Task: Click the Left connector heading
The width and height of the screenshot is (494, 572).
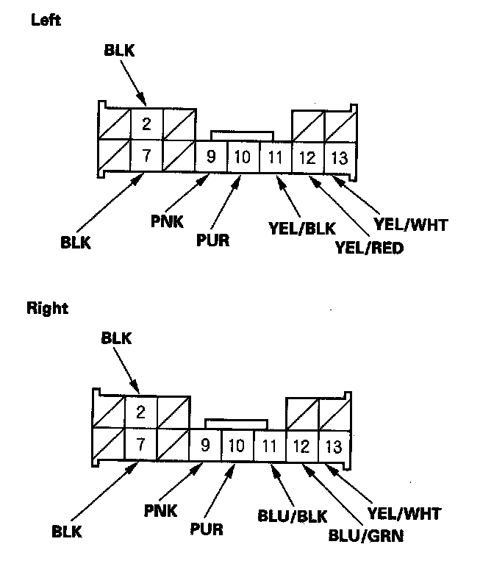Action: (46, 21)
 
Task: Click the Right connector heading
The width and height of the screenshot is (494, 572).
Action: (49, 309)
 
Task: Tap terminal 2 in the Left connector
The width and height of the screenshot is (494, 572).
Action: (147, 124)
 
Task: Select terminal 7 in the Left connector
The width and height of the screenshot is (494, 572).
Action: (147, 156)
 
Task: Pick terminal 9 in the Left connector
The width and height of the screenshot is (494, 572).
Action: (211, 157)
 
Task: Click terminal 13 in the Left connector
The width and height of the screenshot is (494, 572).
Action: (338, 157)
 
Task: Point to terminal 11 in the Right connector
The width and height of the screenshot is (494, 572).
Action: (269, 445)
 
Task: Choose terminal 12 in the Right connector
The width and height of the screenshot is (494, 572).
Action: (301, 445)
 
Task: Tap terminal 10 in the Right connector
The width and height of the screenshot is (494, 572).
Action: (237, 445)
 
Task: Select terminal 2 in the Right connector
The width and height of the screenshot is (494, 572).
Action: (141, 412)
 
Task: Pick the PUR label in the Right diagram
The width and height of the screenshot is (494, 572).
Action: (207, 528)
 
